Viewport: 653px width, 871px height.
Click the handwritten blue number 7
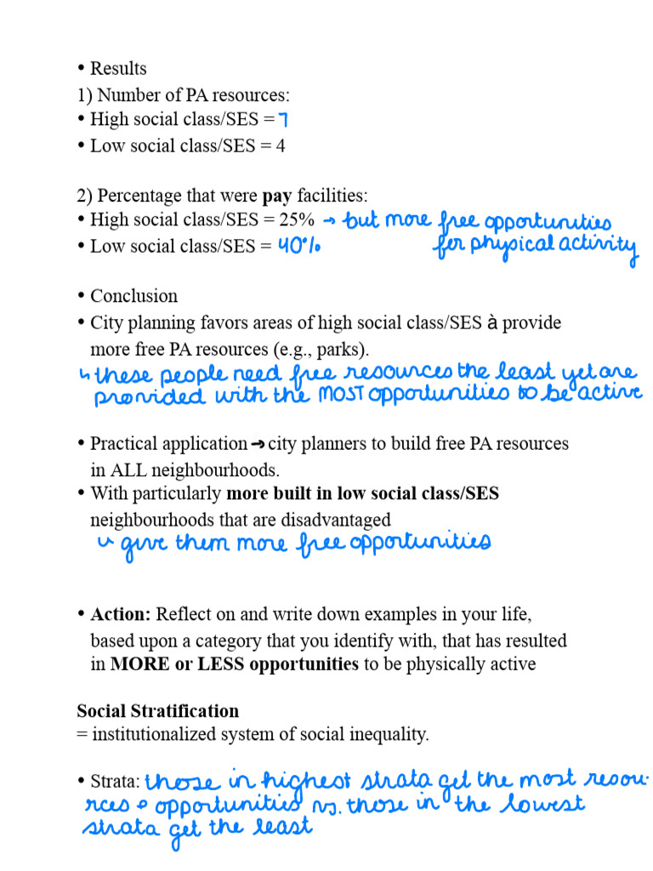pos(283,121)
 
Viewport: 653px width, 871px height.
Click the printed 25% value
pos(297,219)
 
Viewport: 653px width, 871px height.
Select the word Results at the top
pos(118,68)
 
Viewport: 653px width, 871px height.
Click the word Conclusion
pos(133,296)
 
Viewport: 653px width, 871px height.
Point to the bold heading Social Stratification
pos(157,710)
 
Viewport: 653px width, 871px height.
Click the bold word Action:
pos(121,614)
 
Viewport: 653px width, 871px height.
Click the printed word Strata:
pos(115,781)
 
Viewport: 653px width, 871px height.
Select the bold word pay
pos(277,196)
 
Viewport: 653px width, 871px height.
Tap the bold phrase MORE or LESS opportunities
pos(235,663)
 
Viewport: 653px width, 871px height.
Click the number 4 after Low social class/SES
pos(280,145)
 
